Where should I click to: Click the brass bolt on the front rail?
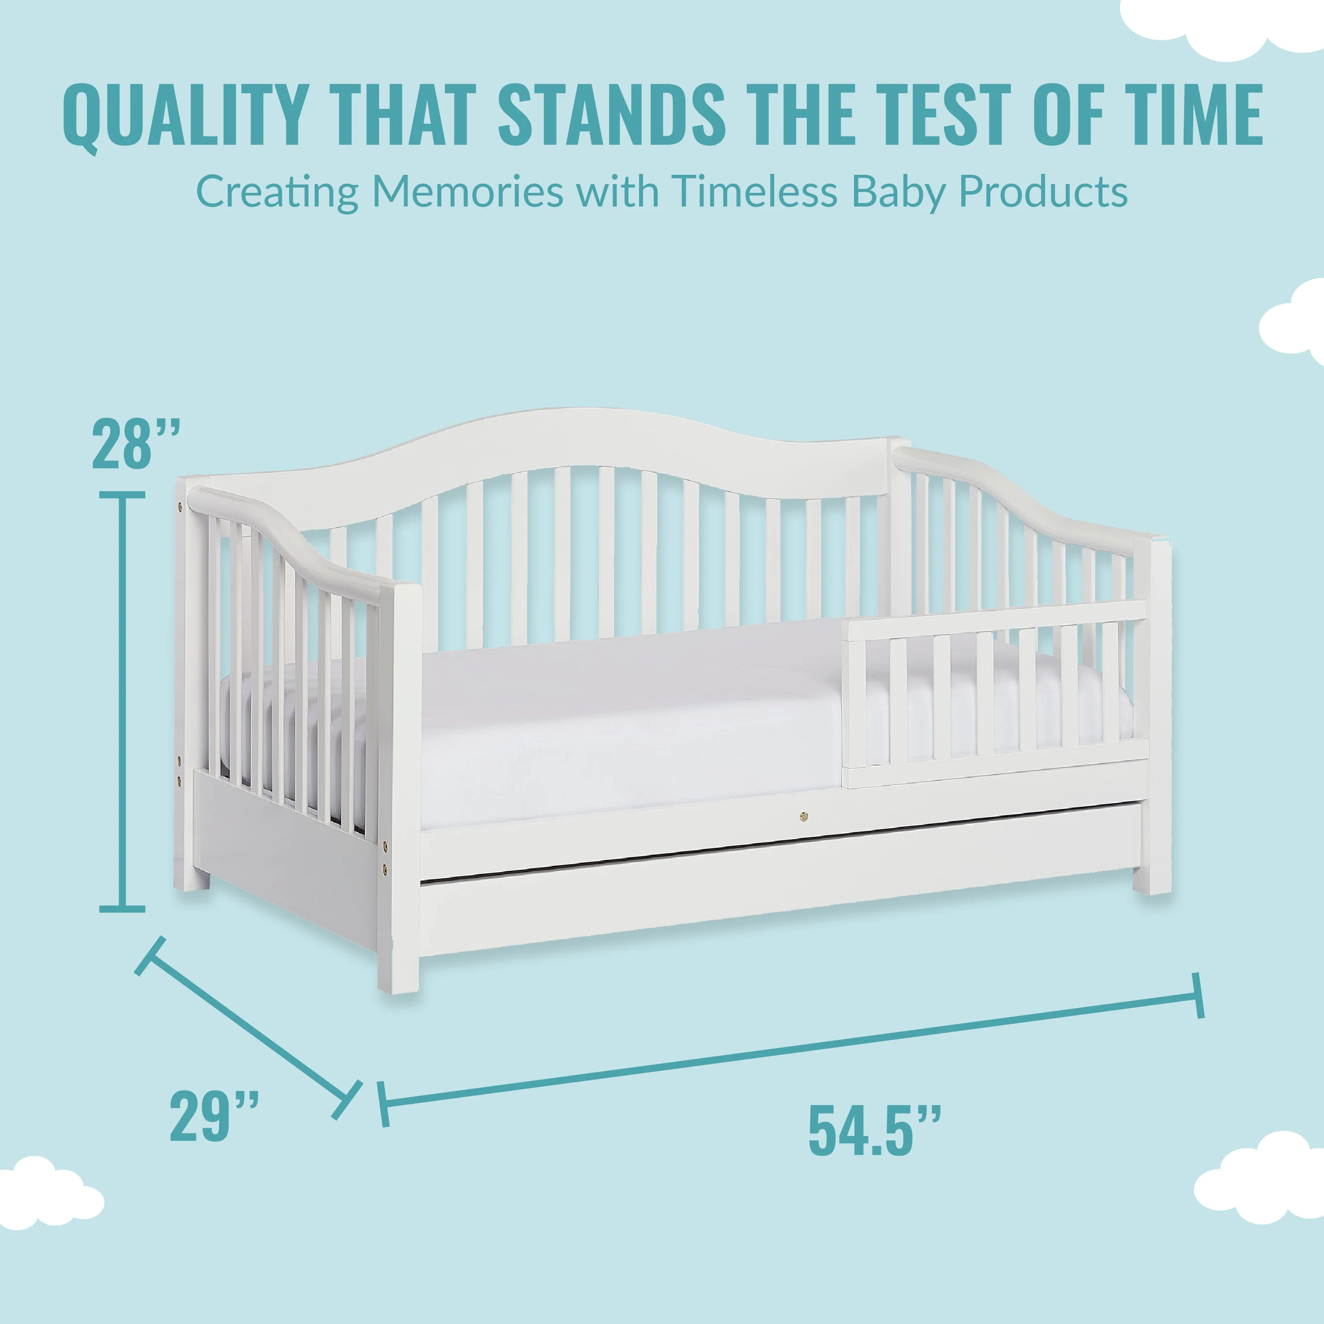803,816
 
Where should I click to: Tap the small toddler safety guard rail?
994,692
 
